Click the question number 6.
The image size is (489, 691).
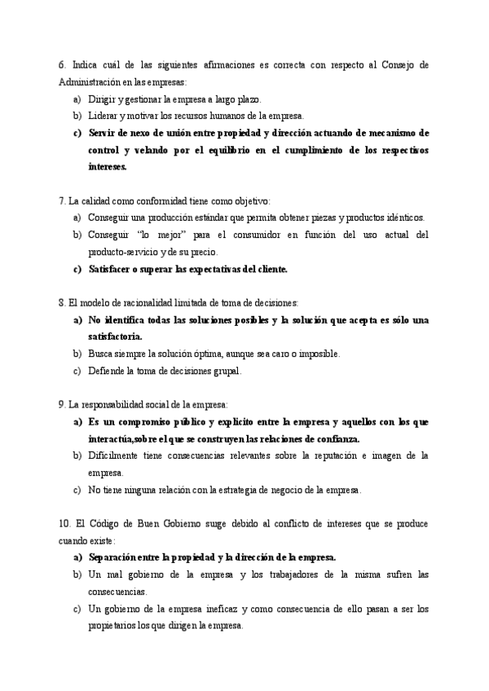(x=63, y=64)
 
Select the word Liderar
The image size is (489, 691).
(x=104, y=116)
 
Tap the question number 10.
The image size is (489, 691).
(x=65, y=523)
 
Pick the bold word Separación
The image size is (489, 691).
(x=113, y=557)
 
